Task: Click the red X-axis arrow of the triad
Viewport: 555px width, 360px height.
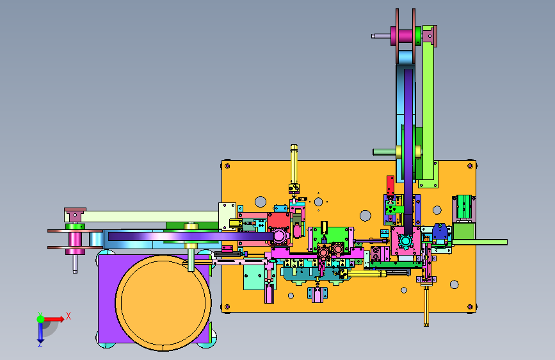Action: coord(54,319)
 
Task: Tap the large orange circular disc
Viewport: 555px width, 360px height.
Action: coord(163,303)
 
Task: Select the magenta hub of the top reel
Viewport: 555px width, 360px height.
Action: coord(405,36)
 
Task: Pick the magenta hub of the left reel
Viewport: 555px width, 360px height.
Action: coord(75,239)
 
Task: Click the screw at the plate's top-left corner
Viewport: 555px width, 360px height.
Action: coord(227,165)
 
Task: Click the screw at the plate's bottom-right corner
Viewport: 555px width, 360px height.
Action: coord(470,306)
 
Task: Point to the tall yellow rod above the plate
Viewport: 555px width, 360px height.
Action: coord(294,164)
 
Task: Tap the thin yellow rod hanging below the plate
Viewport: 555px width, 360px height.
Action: coord(426,306)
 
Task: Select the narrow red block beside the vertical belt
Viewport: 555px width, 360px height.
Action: coord(390,186)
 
